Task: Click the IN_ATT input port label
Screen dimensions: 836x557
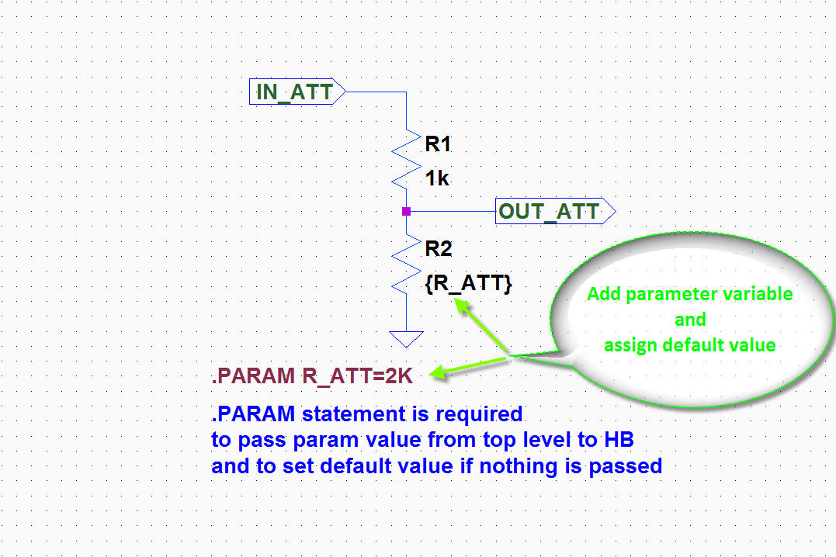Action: (x=297, y=92)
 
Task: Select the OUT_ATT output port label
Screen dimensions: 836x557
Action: (x=555, y=211)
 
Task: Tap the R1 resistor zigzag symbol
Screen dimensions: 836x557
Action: (x=406, y=159)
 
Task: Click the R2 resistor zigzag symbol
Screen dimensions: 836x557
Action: (x=406, y=265)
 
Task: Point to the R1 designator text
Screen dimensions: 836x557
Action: (x=438, y=144)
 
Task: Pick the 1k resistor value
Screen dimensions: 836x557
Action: (x=437, y=178)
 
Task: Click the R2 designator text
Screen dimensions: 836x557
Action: (x=439, y=249)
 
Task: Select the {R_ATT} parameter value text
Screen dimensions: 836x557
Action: (x=468, y=283)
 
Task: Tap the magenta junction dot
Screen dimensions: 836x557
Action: (x=406, y=212)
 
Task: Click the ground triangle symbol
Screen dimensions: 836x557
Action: (x=406, y=338)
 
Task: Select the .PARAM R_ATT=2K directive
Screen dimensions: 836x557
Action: (x=313, y=376)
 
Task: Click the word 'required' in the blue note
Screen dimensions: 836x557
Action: (x=479, y=415)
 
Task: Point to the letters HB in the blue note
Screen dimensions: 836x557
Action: (x=619, y=440)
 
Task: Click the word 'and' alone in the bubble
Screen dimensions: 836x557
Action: (x=690, y=320)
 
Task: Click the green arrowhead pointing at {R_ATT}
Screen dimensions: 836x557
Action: (x=462, y=306)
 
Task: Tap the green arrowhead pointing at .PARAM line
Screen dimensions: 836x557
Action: (x=437, y=372)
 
